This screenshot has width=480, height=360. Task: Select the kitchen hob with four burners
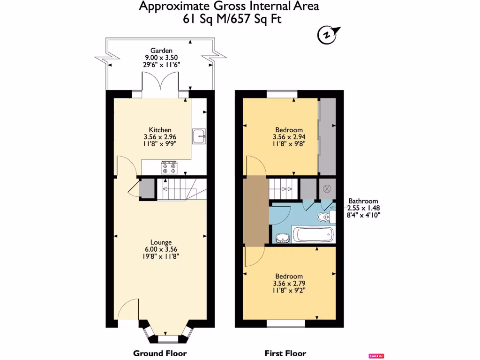(169, 167)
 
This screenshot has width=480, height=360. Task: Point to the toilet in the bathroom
(323, 217)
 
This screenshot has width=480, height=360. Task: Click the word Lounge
(160, 242)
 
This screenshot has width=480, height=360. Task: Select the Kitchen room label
(160, 130)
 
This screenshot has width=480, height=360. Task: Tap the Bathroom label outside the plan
(363, 201)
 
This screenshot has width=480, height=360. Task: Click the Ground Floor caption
(160, 353)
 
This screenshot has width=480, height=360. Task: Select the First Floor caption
(285, 353)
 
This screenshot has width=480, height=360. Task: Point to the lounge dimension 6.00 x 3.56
(160, 249)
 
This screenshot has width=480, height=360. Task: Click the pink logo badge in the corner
(375, 356)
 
